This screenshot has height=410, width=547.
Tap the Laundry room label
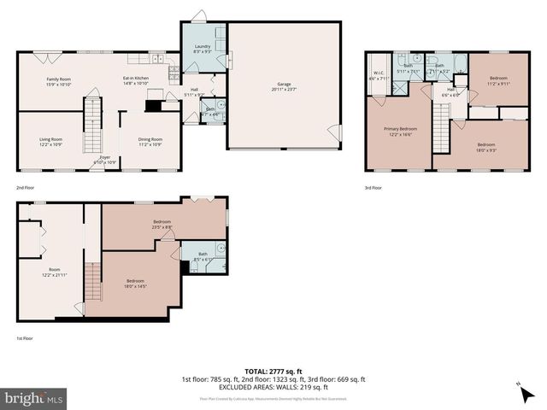[202, 50]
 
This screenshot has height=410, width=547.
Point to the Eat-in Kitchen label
[136, 79]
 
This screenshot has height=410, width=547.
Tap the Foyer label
[104, 158]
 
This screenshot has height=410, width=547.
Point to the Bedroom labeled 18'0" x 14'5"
[136, 282]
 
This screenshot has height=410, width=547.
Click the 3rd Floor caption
[373, 187]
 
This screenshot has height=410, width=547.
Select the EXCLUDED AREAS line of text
[273, 386]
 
